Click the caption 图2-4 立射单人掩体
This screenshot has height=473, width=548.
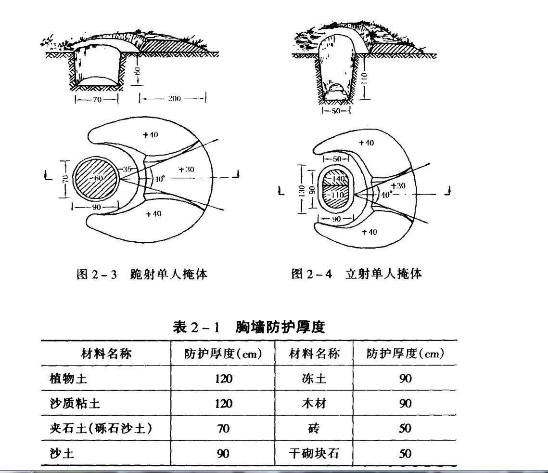tap(357, 275)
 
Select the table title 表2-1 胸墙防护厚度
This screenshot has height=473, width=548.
tap(249, 328)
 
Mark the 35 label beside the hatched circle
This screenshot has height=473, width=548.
tap(126, 169)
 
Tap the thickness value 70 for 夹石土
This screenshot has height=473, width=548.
tap(223, 428)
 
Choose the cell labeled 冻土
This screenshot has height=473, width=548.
tap(315, 378)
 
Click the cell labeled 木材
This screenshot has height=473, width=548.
tap(315, 403)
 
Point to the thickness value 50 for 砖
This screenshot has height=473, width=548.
tap(405, 428)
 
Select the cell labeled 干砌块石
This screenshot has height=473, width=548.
tap(315, 453)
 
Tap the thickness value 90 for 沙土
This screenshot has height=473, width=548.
tap(223, 453)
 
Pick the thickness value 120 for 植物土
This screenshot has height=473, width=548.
tap(223, 378)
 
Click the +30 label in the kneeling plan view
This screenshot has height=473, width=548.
tap(186, 169)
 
